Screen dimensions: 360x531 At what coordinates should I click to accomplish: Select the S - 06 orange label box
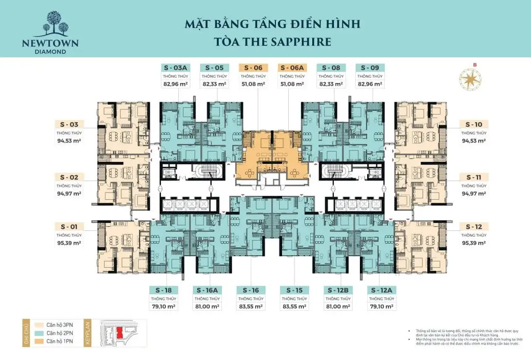point(254,67)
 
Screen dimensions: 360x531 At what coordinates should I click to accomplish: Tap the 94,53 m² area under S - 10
point(474,141)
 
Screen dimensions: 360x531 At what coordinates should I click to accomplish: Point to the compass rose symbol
point(471,79)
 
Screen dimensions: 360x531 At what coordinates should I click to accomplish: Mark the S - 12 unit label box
point(474,227)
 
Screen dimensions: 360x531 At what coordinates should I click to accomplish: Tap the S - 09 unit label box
point(369,67)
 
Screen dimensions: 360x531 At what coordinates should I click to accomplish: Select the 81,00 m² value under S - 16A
point(207,306)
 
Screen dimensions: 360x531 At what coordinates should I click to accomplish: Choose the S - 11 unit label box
point(474,177)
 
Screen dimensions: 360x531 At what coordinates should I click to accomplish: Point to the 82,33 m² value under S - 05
point(214,84)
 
